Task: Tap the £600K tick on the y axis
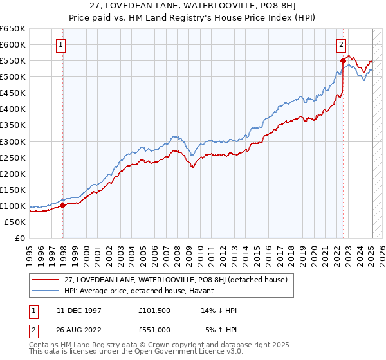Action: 14,44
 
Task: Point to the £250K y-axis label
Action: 14,157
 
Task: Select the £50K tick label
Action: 15,222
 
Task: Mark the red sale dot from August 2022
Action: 343,60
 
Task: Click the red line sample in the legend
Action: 45,279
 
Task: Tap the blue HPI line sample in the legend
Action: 45,290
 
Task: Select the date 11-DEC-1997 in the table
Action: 77,310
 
